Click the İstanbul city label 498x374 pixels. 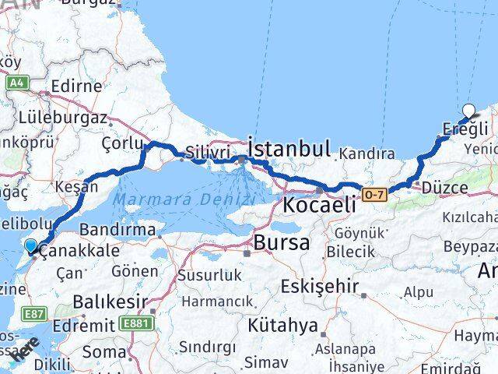click(x=289, y=148)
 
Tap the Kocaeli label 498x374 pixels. click(x=320, y=206)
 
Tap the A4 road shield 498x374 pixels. click(x=16, y=82)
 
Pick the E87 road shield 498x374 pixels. click(x=37, y=314)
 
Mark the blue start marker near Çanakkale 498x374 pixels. click(x=30, y=246)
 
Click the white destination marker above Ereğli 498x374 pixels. click(x=469, y=111)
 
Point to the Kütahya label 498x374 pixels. click(x=283, y=324)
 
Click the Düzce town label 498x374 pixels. click(x=444, y=187)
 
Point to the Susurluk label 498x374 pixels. click(x=205, y=275)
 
